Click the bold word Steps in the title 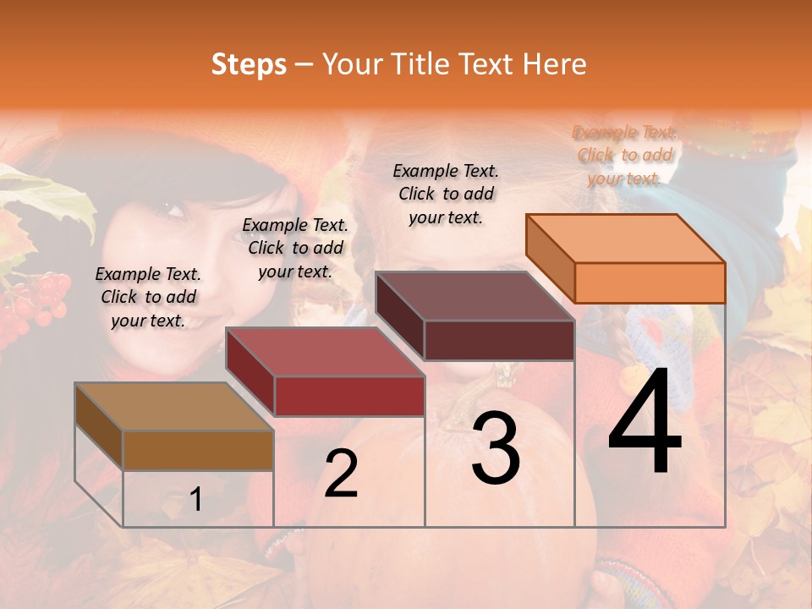click(249, 64)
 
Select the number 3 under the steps click(496, 448)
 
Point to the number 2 click(341, 474)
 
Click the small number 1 click(196, 499)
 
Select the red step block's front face click(349, 396)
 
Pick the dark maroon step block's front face click(499, 340)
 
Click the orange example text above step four click(624, 155)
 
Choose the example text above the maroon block click(446, 194)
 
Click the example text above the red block click(295, 248)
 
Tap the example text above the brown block click(148, 297)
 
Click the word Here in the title click(557, 64)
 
